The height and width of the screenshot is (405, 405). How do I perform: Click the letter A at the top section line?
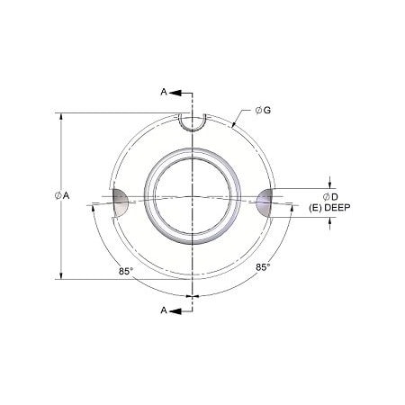pos(162,93)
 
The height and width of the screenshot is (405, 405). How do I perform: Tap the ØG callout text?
pos(265,109)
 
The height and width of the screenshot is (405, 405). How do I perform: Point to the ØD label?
pos(329,195)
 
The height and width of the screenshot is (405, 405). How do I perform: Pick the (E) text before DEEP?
pos(316,207)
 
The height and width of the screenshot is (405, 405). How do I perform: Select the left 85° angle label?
pos(125,268)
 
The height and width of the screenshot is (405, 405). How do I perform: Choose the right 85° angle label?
pos(263,267)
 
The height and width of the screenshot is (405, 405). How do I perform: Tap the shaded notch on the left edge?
pos(121,202)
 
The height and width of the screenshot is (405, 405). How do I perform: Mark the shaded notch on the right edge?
pos(265,202)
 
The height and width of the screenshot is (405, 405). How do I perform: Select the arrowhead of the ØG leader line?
pos(235,126)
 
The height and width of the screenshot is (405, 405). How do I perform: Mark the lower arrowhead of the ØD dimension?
pos(330,220)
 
